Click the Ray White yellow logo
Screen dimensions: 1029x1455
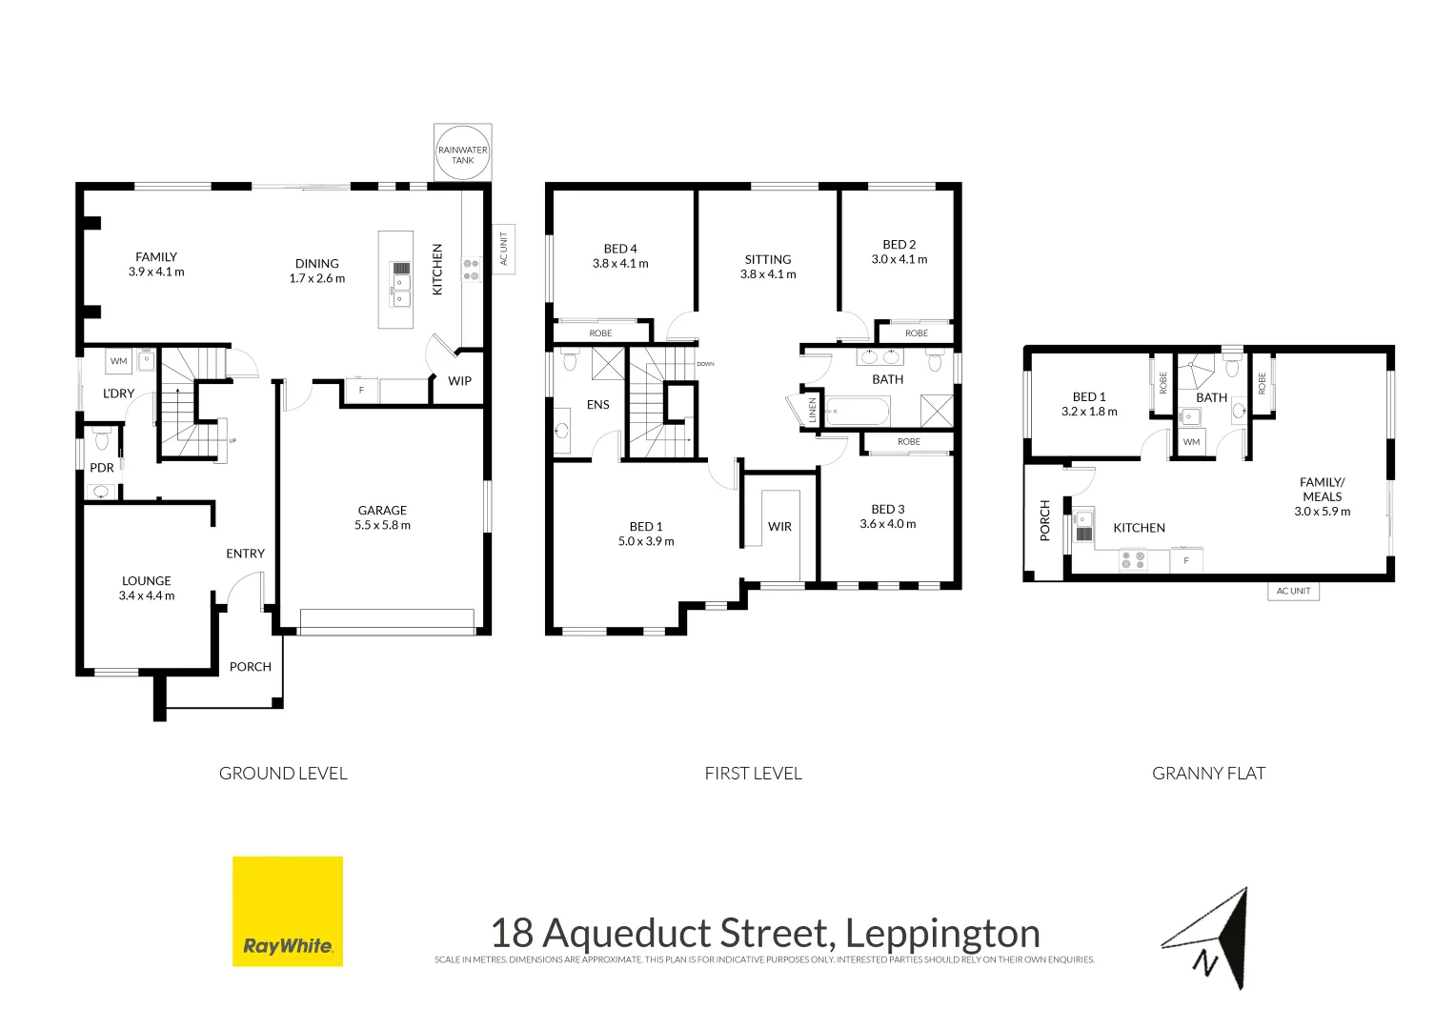coord(288,911)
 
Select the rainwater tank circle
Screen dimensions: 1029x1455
coord(463,152)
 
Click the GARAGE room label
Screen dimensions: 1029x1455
coord(382,511)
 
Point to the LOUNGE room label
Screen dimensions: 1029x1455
coord(147,581)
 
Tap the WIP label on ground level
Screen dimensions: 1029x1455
coord(460,381)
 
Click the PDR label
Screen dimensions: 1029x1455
coord(102,468)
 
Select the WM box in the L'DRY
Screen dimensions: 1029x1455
coord(119,361)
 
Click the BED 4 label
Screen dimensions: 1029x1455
coord(620,249)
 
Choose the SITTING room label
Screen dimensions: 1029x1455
coord(768,259)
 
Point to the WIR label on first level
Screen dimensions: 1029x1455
coord(780,527)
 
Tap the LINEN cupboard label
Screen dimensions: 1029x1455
coord(813,411)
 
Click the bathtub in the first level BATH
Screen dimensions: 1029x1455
coord(858,412)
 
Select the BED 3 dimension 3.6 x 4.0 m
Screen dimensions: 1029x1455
coord(888,524)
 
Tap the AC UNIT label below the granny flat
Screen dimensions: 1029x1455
coord(1294,592)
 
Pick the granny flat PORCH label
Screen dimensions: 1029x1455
coord(1045,521)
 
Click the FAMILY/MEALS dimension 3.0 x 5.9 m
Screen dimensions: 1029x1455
coord(1323,512)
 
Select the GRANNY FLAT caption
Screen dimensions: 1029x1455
coord(1208,774)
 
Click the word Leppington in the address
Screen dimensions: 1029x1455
coord(942,934)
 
